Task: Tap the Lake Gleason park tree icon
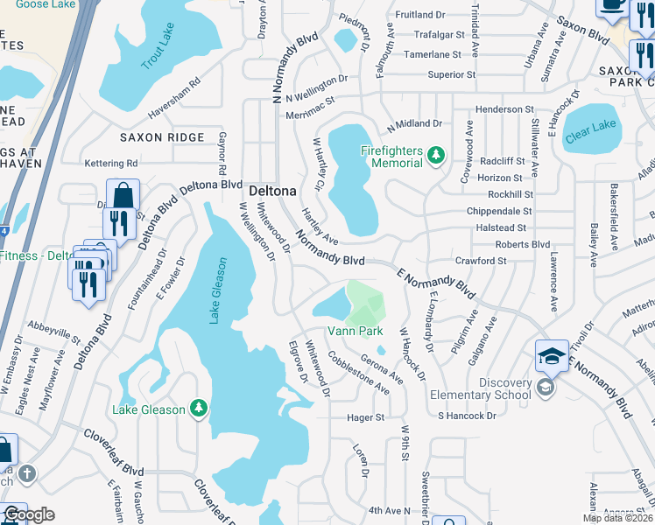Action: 200,409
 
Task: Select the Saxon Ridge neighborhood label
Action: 162,137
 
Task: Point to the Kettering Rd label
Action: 111,164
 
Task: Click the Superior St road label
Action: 451,75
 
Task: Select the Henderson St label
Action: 504,109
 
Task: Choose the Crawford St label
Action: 481,261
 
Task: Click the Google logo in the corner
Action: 28,514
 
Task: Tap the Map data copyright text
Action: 618,518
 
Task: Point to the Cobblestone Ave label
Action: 358,373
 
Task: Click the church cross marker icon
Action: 27,474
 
